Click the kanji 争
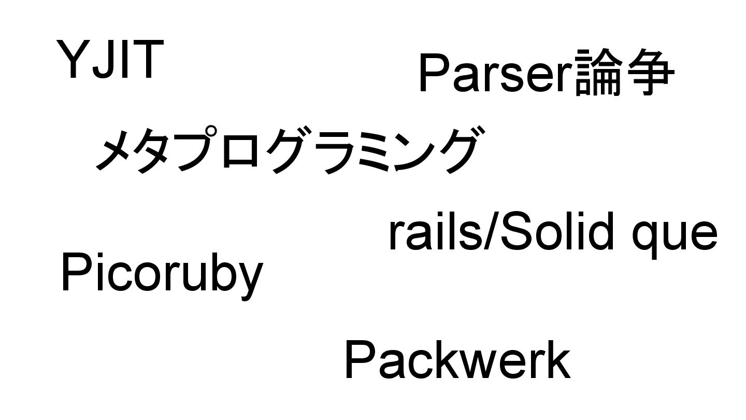click(x=650, y=73)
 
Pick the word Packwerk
click(x=457, y=360)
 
